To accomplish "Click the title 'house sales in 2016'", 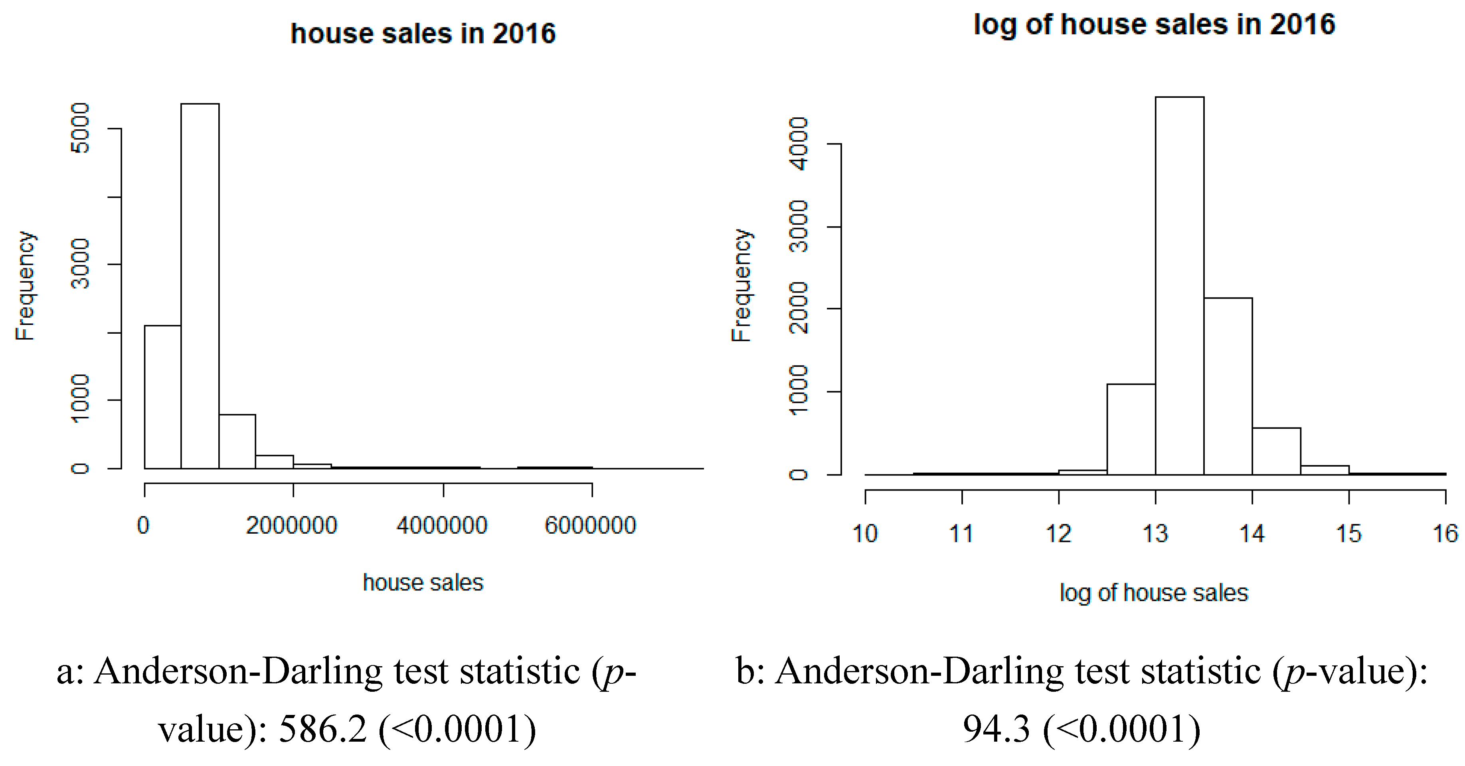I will pos(423,34).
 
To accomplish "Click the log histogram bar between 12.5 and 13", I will pos(1131,430).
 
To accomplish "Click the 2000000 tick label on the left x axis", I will pos(292,525).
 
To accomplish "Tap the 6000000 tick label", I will pos(590,525).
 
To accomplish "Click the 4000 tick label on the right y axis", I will pos(799,144).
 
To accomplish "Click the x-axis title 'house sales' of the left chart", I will pos(423,583).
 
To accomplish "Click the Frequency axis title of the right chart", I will pos(741,285).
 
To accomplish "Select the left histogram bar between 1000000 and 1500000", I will pos(237,442).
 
